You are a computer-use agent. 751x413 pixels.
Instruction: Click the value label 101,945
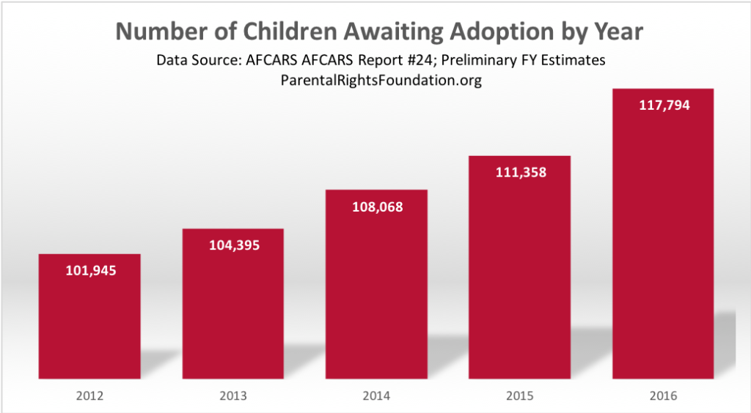point(89,270)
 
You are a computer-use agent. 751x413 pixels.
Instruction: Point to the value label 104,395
point(232,245)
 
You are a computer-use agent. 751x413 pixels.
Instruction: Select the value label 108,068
point(376,206)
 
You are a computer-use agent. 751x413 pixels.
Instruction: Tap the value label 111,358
point(519,173)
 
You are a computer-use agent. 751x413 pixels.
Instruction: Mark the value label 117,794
point(663,105)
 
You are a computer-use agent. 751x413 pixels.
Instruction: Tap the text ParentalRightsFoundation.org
point(381,81)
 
